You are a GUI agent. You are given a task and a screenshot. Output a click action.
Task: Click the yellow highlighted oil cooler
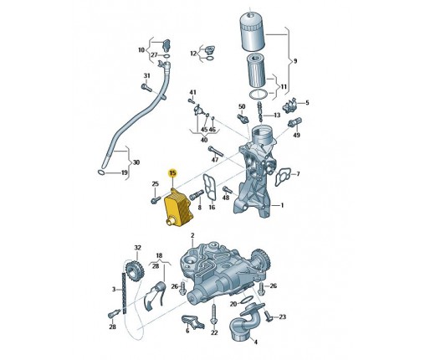[178, 208]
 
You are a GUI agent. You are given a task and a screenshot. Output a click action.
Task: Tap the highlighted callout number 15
[173, 173]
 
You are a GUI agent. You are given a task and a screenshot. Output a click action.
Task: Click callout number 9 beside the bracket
[295, 61]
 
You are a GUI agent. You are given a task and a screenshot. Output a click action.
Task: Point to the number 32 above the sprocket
[138, 248]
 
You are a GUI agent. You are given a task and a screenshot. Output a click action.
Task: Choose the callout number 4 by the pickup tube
[256, 342]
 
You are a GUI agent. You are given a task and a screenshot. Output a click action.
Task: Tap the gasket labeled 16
[210, 188]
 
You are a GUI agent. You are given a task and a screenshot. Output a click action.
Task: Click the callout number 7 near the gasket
[298, 174]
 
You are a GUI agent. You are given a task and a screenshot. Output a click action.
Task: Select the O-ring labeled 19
[101, 172]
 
